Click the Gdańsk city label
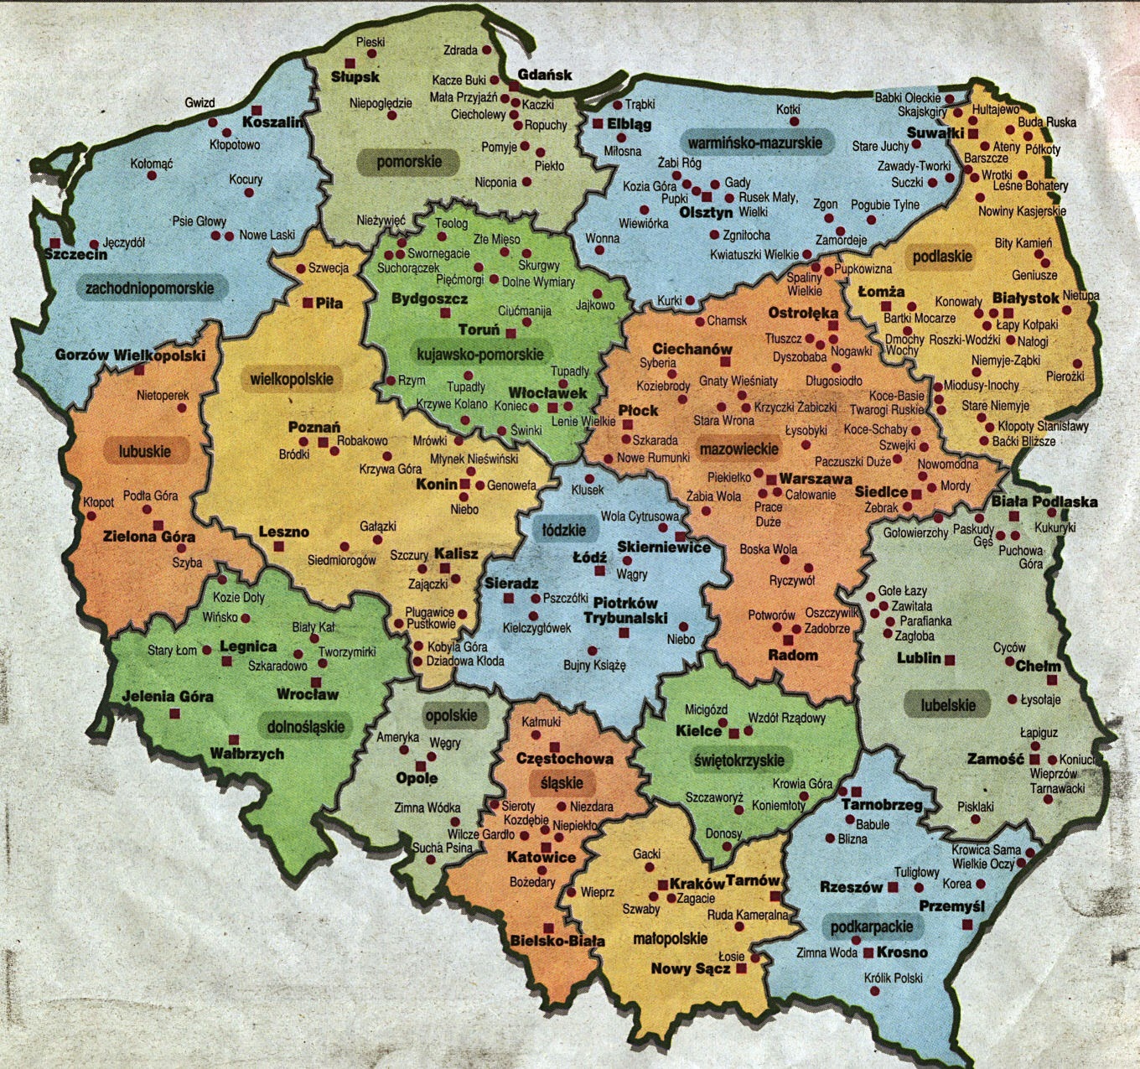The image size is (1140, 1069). tap(545, 74)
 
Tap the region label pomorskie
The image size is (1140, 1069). tap(408, 162)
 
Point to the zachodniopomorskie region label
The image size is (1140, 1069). tap(150, 288)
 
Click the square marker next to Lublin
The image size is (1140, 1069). tap(950, 660)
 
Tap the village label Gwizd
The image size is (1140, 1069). tap(199, 103)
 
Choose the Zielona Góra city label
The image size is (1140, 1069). tap(148, 537)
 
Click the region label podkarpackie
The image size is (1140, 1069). tap(872, 926)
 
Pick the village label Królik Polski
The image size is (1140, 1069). tap(893, 978)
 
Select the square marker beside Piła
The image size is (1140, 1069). tap(308, 303)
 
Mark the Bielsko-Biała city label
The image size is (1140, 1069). tap(557, 941)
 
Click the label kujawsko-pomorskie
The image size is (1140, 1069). tap(479, 355)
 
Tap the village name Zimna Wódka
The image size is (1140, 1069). tap(427, 808)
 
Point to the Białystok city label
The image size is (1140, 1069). tap(1025, 298)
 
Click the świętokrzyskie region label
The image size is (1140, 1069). tap(738, 760)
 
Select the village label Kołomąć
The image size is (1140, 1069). tap(152, 163)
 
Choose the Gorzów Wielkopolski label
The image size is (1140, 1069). tap(130, 355)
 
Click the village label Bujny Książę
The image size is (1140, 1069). tap(594, 666)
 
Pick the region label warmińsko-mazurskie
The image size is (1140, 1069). tap(754, 143)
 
